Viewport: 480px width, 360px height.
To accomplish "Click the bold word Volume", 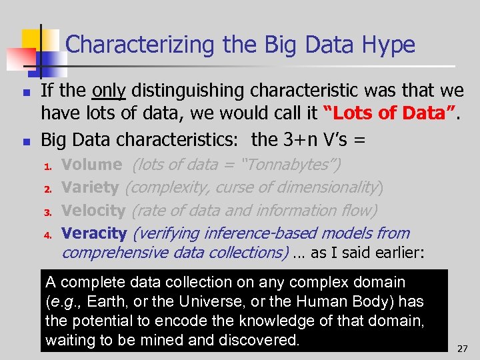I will coord(91,164).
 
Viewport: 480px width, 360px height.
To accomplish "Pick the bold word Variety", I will coord(89,187).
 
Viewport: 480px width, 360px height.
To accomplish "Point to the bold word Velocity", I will coord(93,211).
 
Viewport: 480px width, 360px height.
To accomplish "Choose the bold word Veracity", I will coord(93,233).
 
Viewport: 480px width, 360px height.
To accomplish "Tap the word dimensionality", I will coord(328,187).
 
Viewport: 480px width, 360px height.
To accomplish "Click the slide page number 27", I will coord(463,348).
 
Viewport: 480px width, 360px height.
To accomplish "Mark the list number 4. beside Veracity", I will coord(47,235).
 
